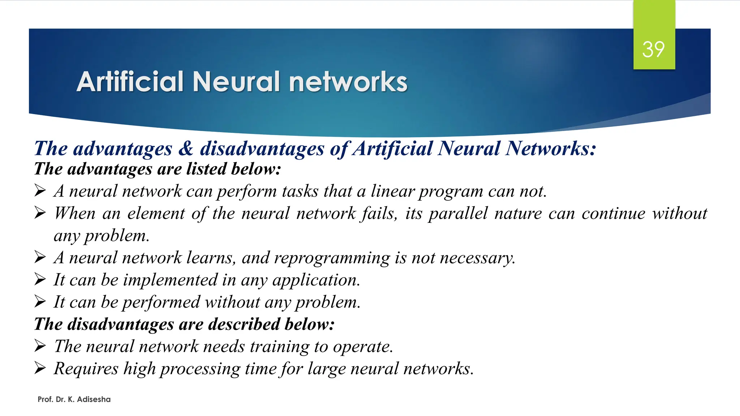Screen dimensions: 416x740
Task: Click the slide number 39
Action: coord(653,49)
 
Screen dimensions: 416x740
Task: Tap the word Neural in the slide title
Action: coord(236,82)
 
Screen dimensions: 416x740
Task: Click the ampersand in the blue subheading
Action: coord(186,148)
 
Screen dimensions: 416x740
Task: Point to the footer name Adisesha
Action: coord(94,399)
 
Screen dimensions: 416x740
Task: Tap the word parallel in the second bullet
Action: coord(458,213)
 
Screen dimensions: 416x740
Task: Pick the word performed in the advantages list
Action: coord(161,302)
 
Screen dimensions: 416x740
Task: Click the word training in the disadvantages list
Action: coord(280,347)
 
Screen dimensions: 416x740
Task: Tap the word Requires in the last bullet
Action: coord(86,369)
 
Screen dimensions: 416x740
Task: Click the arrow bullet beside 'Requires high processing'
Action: coord(40,368)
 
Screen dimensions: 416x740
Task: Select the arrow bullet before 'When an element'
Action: coord(40,213)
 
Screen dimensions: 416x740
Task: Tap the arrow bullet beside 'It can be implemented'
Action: coord(40,279)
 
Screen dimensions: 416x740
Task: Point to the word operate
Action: coord(363,347)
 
